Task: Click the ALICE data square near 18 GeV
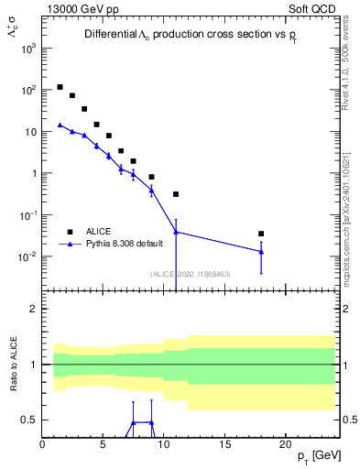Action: point(261,234)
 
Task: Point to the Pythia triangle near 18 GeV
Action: point(261,252)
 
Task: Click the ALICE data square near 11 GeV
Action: point(176,194)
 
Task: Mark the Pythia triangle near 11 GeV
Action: point(176,232)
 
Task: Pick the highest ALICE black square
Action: point(60,87)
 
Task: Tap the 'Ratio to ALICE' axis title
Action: point(13,364)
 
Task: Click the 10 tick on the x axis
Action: point(164,445)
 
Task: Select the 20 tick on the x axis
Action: point(285,445)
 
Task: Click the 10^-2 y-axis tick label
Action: point(27,256)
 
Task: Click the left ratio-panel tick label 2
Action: point(33,309)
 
